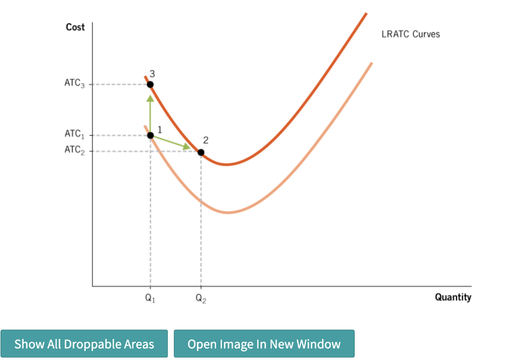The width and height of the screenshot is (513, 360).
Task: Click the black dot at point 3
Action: tap(150, 85)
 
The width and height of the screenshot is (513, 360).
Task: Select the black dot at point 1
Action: tap(150, 135)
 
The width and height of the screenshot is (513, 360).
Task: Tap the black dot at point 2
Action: tap(201, 152)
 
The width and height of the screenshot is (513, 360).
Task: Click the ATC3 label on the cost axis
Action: tap(75, 83)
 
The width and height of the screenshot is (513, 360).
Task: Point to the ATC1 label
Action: tap(75, 134)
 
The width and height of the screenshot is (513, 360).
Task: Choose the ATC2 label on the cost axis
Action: tap(75, 150)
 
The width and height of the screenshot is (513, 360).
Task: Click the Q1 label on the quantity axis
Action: tap(150, 298)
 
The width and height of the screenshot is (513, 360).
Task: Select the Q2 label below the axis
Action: tap(201, 298)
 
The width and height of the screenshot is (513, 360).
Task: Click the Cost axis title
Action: tap(75, 27)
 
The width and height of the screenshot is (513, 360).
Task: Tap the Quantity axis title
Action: tap(453, 297)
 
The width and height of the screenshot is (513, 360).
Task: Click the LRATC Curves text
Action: tap(411, 34)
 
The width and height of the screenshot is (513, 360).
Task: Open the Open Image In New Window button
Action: tap(264, 343)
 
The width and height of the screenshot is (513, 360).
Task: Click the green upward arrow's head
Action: tap(150, 98)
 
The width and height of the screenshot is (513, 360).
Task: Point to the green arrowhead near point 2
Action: tap(187, 146)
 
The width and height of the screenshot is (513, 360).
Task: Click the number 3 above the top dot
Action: tap(152, 74)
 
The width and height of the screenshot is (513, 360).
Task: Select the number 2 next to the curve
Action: tap(206, 140)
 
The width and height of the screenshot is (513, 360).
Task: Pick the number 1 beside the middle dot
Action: tap(160, 130)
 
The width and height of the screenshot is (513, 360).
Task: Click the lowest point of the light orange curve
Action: tap(228, 213)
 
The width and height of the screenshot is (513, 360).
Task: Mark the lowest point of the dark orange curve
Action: tap(226, 164)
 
